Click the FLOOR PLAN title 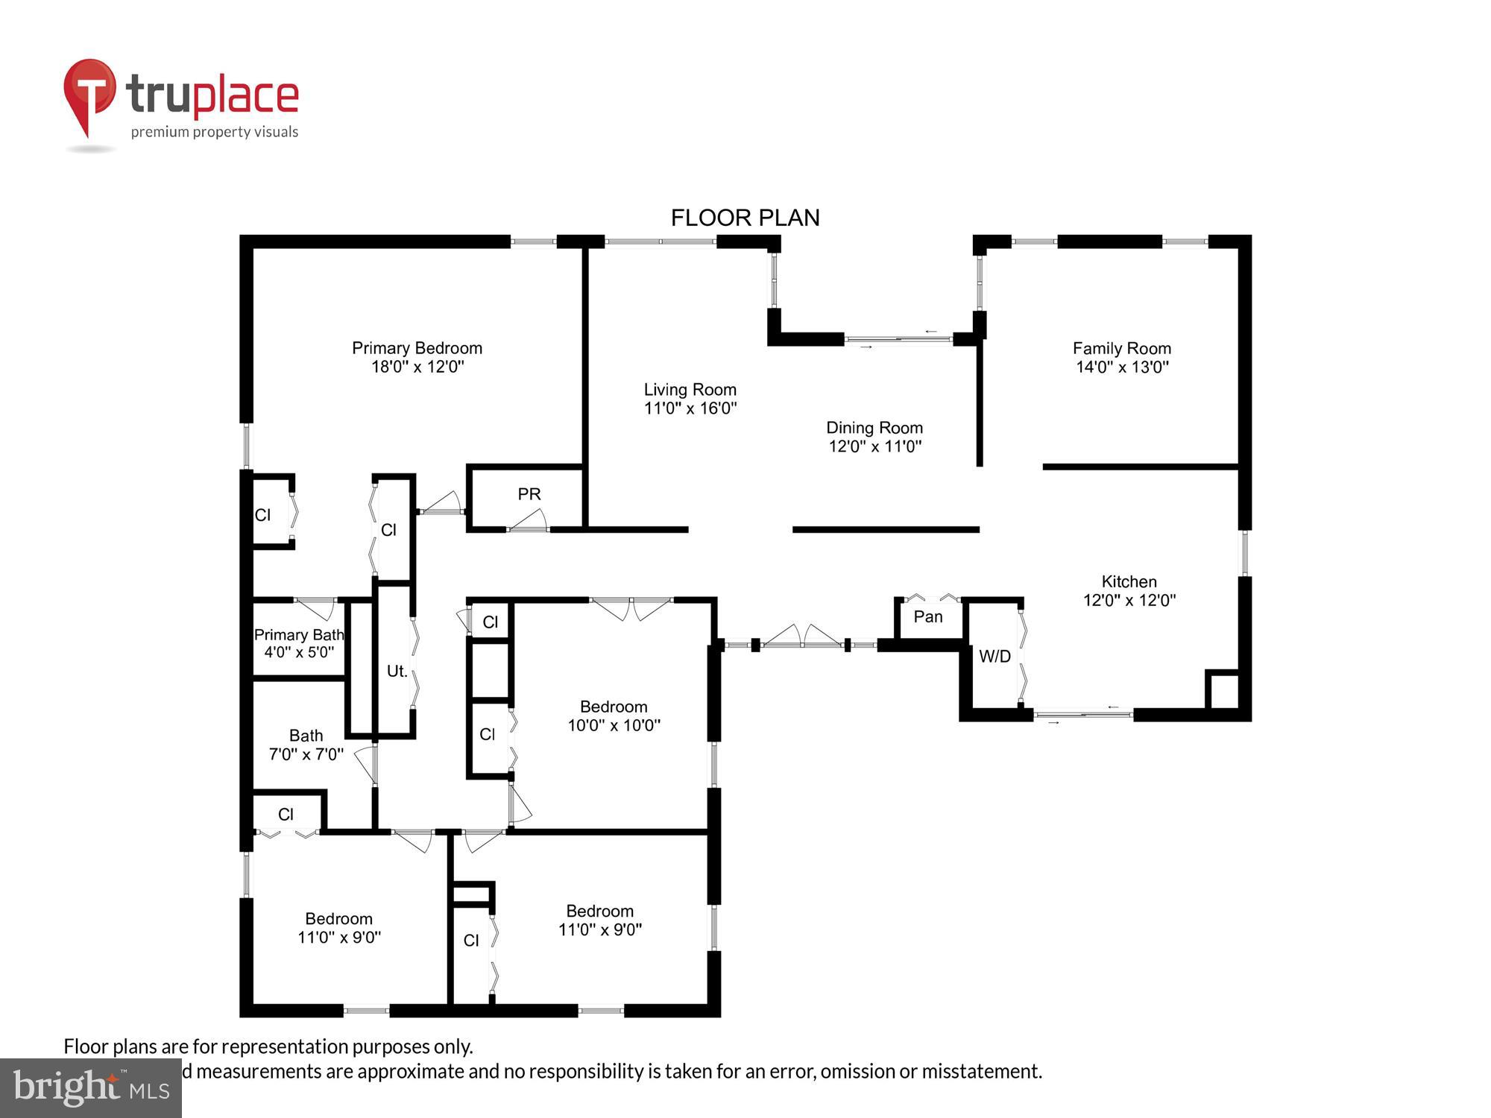[x=745, y=218]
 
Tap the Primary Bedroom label [x=417, y=348]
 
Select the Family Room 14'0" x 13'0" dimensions [x=1122, y=367]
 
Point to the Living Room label [x=690, y=389]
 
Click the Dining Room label [x=874, y=428]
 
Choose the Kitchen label [x=1129, y=581]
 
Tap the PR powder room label [x=529, y=494]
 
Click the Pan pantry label [x=927, y=616]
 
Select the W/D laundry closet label [x=994, y=656]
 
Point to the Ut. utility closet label [x=397, y=671]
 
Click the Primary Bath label [x=298, y=634]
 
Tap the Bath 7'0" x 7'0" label [x=306, y=745]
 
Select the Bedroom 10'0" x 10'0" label [x=614, y=716]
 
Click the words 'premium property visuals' [x=215, y=132]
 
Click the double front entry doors [x=801, y=637]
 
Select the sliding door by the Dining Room [x=898, y=339]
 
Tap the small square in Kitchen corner [x=1223, y=690]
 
